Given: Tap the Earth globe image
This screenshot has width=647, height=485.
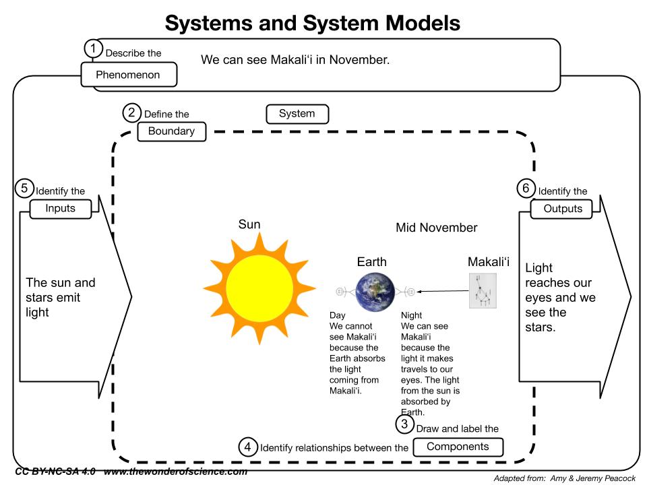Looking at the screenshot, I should click(x=375, y=291).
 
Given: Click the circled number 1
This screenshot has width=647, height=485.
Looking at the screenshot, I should click(x=94, y=48).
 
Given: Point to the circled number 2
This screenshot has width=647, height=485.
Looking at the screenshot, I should click(x=132, y=112).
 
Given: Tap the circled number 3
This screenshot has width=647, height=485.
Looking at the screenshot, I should click(x=404, y=424).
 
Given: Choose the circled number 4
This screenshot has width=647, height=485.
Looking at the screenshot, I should click(x=248, y=447).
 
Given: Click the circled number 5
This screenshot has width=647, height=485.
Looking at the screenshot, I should click(x=24, y=189).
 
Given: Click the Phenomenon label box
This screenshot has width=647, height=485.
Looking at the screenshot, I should click(x=128, y=75).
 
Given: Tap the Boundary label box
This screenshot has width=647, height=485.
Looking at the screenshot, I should click(x=171, y=131).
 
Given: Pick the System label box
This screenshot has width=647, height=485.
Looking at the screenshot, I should click(x=297, y=114).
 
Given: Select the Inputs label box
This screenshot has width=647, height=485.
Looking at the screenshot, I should click(x=60, y=209).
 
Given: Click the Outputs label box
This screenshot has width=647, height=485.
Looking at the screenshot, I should click(x=563, y=209).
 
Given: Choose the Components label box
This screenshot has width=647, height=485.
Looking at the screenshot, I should click(x=458, y=447).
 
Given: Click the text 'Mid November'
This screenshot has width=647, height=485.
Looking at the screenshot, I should click(x=436, y=228).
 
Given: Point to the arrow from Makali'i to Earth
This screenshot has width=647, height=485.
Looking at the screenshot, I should click(x=442, y=291).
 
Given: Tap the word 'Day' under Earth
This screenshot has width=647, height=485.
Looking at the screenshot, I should click(x=337, y=315).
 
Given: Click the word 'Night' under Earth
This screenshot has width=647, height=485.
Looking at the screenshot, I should click(x=412, y=315).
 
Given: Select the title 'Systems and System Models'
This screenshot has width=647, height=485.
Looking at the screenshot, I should click(x=313, y=24).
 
